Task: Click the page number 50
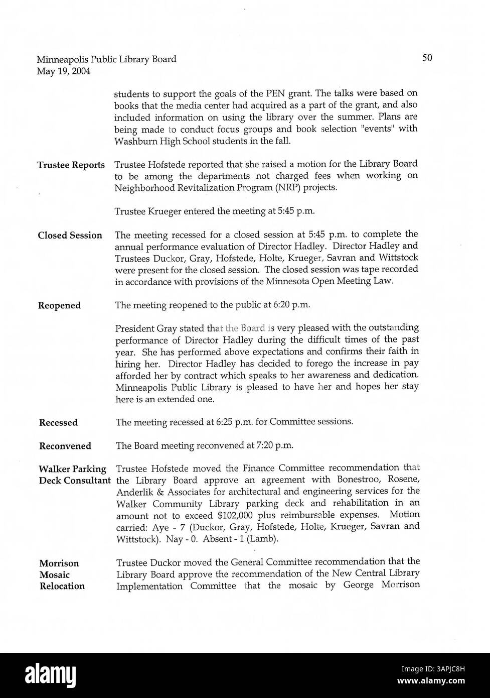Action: [427, 58]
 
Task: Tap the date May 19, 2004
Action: [64, 71]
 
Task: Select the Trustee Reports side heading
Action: [71, 165]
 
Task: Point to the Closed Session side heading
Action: [70, 236]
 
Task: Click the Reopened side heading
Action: [59, 306]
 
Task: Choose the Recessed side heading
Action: [58, 423]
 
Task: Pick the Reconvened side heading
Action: [65, 446]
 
